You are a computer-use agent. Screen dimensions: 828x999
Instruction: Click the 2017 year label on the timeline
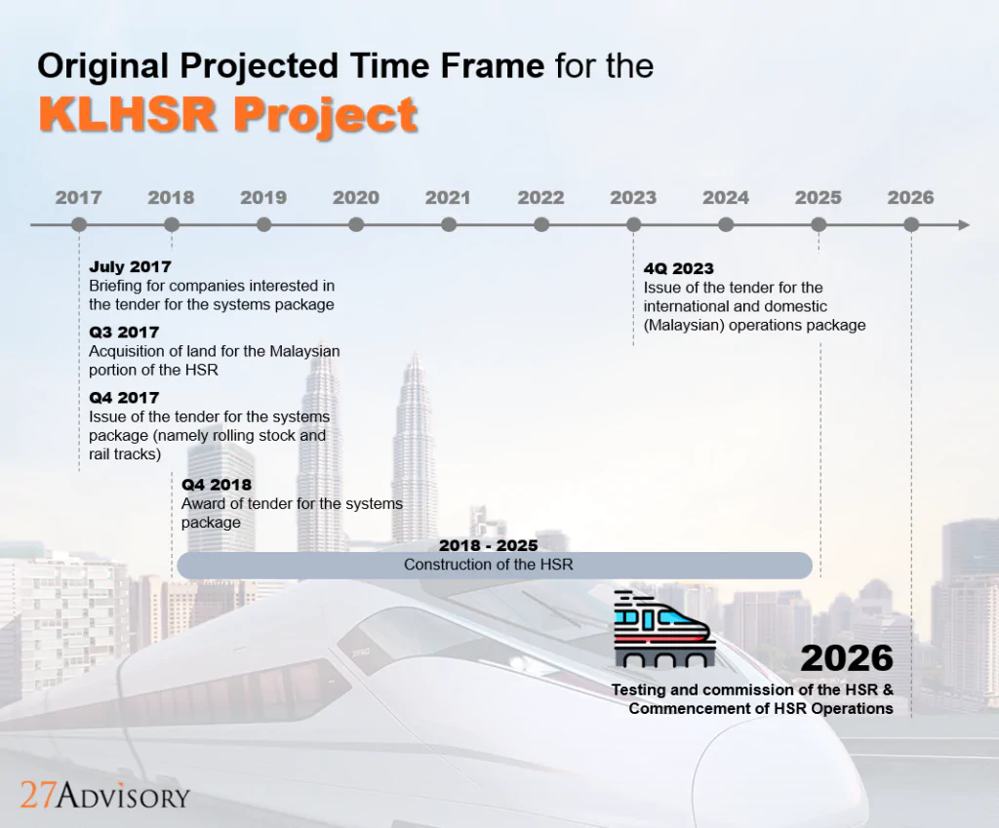click(78, 197)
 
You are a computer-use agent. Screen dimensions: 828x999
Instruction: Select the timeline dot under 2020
click(356, 224)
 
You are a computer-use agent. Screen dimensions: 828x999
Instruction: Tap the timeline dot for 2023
click(633, 224)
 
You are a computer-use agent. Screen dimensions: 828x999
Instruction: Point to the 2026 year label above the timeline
click(910, 197)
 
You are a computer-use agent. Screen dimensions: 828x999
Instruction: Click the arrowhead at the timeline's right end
click(963, 224)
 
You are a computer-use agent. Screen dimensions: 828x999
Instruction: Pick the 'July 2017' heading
click(130, 266)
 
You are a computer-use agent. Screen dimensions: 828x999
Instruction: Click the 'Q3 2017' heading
click(124, 333)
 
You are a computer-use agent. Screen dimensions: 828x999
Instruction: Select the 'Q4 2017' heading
click(124, 398)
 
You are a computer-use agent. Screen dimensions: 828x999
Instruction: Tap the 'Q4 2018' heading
click(217, 485)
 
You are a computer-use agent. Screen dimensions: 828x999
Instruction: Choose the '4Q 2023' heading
click(679, 268)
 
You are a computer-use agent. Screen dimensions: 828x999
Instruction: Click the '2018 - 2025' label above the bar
click(488, 545)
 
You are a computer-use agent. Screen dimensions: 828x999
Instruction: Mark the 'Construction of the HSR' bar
click(494, 565)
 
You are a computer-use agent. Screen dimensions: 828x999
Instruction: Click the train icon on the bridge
click(663, 630)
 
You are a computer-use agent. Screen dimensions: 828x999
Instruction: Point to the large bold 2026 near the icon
click(847, 658)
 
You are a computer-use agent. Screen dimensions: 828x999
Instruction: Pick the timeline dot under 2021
click(449, 224)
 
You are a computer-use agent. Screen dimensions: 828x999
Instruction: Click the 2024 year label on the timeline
click(726, 197)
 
